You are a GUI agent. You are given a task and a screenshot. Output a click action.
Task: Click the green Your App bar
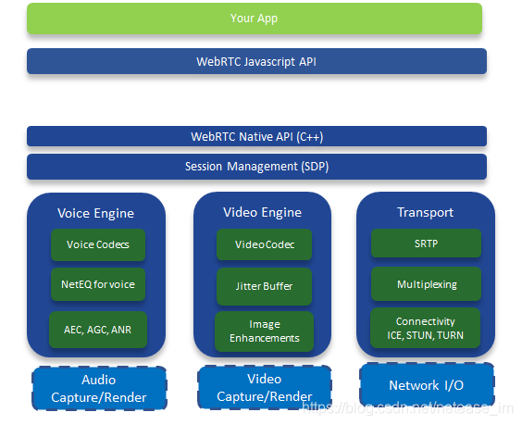pyautogui.click(x=255, y=19)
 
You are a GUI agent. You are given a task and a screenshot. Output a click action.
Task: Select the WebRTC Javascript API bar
pyautogui.click(x=256, y=62)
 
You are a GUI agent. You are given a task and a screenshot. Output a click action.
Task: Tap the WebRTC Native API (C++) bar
pyautogui.click(x=256, y=137)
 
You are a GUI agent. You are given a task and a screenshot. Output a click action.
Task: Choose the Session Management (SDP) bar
pyautogui.click(x=256, y=167)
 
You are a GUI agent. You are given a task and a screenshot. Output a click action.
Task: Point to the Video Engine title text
pyautogui.click(x=262, y=212)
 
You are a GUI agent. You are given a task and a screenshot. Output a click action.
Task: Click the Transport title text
pyautogui.click(x=426, y=212)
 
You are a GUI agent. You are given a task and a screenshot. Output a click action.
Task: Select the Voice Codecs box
pyautogui.click(x=98, y=244)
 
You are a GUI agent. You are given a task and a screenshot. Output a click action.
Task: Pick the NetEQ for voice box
pyautogui.click(x=98, y=284)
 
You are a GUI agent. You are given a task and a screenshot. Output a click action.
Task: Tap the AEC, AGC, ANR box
pyautogui.click(x=98, y=328)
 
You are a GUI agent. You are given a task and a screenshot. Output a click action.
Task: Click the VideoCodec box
pyautogui.click(x=264, y=244)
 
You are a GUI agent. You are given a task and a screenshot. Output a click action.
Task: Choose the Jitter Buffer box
pyautogui.click(x=264, y=286)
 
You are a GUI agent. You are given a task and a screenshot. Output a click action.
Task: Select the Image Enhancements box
pyautogui.click(x=264, y=331)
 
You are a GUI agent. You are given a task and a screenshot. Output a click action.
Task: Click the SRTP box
pyautogui.click(x=426, y=244)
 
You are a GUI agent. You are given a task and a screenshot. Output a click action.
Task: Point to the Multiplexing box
pyautogui.click(x=426, y=284)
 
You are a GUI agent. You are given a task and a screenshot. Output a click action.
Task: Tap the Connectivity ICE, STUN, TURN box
pyautogui.click(x=426, y=328)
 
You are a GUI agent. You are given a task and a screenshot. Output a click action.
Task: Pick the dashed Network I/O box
pyautogui.click(x=426, y=384)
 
